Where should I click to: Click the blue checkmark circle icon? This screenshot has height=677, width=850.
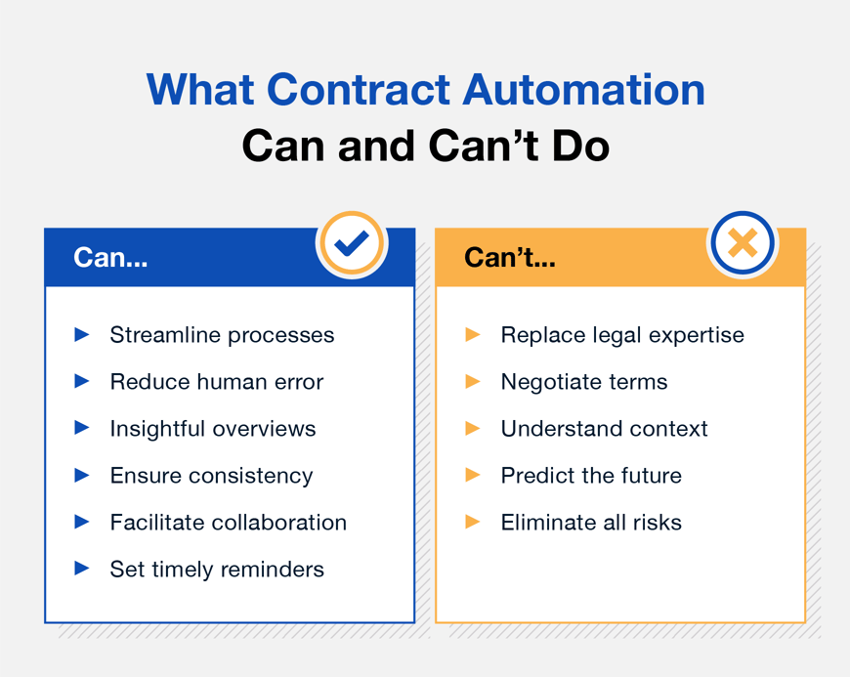352,243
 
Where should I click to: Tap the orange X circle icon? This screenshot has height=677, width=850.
743,243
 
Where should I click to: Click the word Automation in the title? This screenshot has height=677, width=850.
584,90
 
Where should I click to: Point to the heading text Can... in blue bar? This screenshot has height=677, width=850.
110,259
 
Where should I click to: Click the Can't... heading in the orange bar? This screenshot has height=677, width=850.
509,259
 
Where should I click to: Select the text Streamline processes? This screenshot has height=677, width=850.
222,335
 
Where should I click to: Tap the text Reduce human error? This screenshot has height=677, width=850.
216,382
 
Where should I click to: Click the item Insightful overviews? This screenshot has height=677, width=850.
212,429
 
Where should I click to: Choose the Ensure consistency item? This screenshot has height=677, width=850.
211,476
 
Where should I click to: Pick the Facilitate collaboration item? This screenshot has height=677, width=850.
228,523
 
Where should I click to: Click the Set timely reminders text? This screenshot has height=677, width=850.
216,570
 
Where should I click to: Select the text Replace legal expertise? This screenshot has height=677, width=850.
621,335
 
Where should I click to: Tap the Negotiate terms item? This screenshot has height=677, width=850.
583,382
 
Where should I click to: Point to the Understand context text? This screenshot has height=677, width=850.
604,429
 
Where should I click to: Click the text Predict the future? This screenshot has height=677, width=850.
590,476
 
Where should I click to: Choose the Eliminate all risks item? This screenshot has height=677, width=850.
590,523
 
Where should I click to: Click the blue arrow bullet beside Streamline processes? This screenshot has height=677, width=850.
82,335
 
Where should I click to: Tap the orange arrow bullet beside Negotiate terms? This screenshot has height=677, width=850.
473,382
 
